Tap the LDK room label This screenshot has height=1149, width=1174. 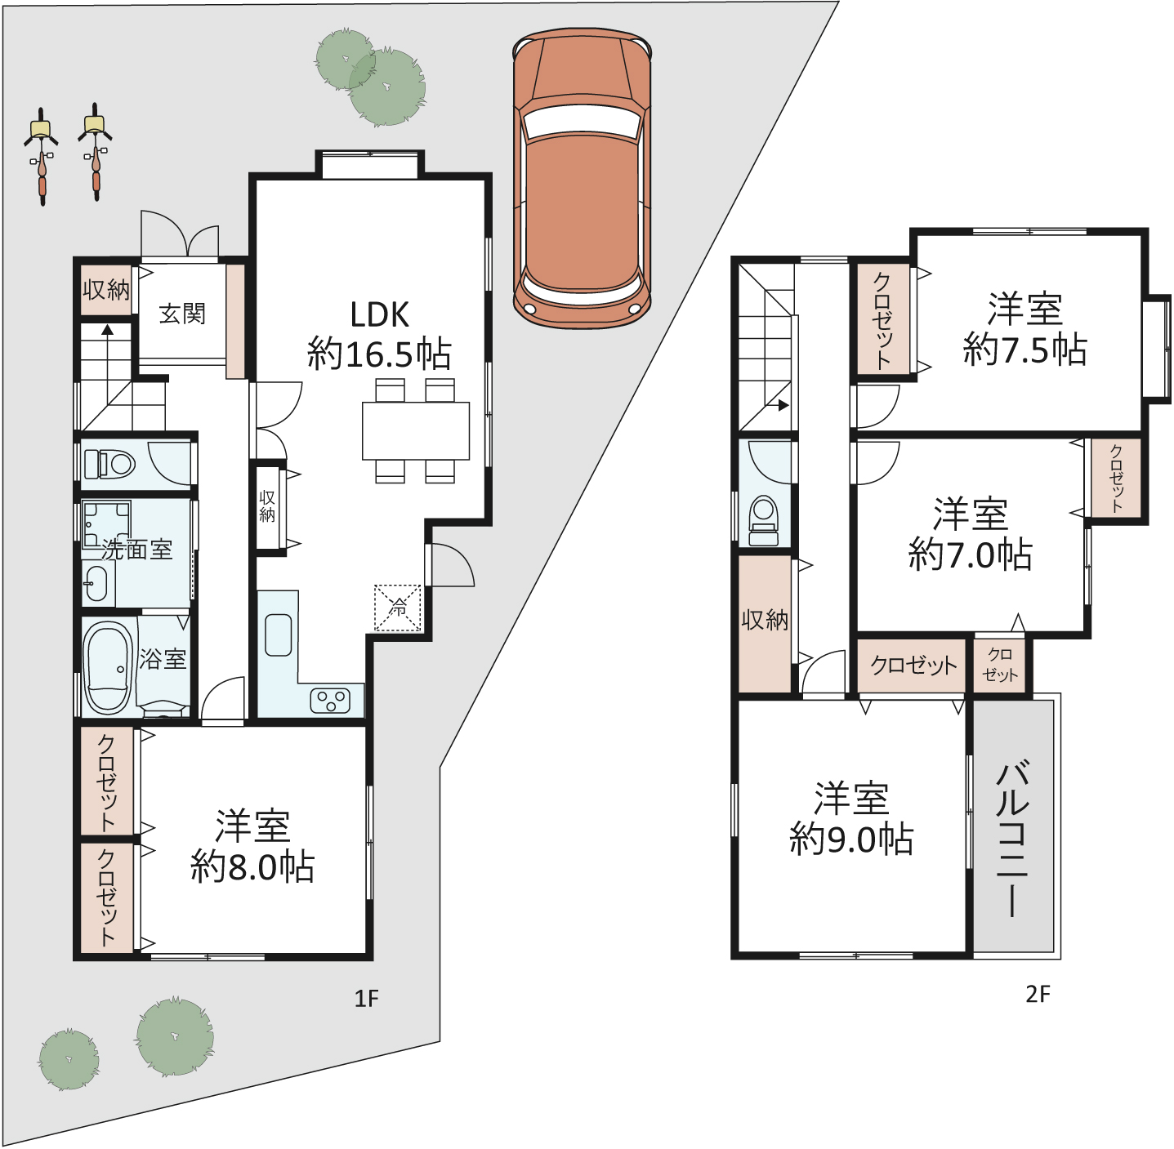(x=380, y=315)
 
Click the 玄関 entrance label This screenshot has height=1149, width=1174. (x=182, y=314)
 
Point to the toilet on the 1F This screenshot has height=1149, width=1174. (x=109, y=464)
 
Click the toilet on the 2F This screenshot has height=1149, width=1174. (x=764, y=519)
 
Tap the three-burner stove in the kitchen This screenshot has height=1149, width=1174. (x=329, y=700)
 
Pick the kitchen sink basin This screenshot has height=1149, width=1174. (x=279, y=635)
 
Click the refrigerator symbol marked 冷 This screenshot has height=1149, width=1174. (x=397, y=608)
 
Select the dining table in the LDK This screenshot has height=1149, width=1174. (x=416, y=430)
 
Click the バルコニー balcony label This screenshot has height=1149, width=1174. (x=1012, y=838)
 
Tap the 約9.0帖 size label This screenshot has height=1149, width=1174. (x=851, y=839)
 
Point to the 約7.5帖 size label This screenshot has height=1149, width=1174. (x=1024, y=350)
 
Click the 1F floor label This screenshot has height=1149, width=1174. (x=367, y=998)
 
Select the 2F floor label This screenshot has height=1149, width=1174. (x=1038, y=995)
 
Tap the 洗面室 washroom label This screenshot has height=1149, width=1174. (x=137, y=550)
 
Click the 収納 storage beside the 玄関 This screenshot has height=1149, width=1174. (x=107, y=290)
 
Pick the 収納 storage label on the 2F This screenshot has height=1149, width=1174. (x=765, y=620)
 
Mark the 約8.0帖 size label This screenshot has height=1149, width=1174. (x=252, y=866)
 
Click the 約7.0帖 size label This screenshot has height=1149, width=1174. (x=970, y=554)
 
